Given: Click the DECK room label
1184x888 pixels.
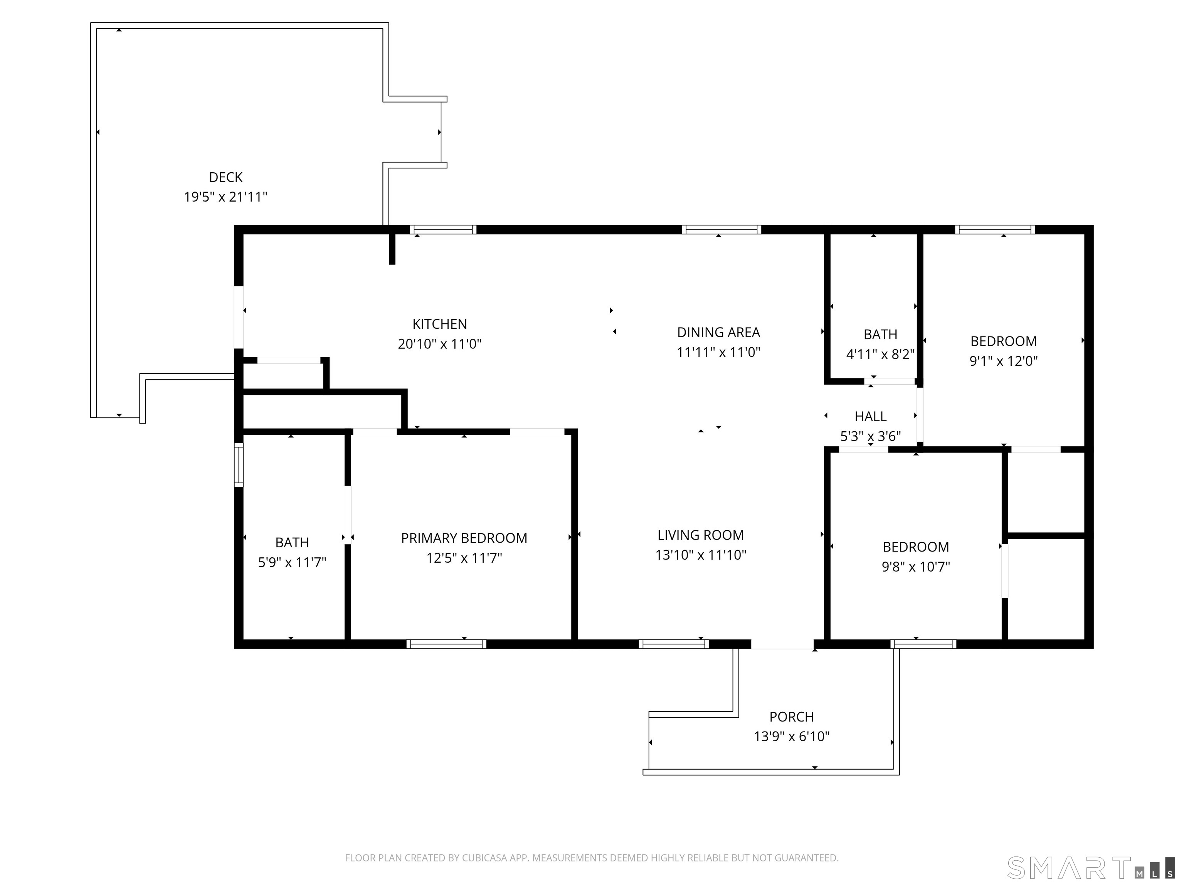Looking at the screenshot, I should pos(225,177).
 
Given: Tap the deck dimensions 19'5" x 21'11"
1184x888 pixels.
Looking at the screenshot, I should pos(225,197).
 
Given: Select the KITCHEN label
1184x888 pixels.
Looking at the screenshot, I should pos(439,324).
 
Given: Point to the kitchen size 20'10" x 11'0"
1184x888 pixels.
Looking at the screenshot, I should pos(439,344).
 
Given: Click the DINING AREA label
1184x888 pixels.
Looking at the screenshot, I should pos(718,332).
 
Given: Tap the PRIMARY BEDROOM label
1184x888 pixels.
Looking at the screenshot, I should pos(464,538).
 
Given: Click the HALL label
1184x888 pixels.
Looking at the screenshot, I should pos(870,416).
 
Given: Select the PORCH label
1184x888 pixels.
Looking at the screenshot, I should pos(791,717).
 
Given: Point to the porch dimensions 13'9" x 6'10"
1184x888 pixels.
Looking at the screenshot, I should pos(791,737).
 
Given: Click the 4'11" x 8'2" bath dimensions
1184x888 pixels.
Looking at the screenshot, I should pos(880,354).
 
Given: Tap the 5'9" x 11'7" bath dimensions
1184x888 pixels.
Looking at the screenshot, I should pos(292,562).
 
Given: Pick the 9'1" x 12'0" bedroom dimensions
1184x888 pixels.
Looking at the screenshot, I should pos(1003,361).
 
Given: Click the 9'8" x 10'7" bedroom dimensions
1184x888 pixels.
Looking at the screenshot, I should pos(915,566).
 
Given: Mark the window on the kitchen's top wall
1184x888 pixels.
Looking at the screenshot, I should pos(443,230).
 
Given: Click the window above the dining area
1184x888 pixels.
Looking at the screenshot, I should pos(721,230).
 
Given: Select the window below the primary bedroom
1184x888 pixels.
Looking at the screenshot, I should pos(446,644).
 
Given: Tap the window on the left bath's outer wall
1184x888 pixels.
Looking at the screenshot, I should pos(239,464).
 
